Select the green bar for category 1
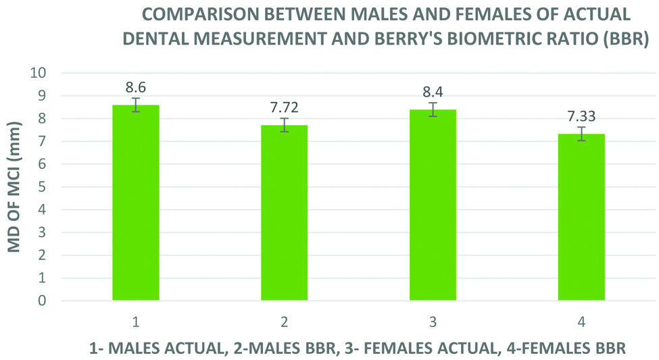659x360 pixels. coord(135,203)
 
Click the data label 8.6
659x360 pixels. coord(135,87)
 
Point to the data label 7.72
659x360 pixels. coord(284,107)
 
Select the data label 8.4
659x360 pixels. coord(433,92)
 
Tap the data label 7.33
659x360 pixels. coord(581,116)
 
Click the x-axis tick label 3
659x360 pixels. coord(433,322)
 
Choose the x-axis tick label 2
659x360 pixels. coord(284,322)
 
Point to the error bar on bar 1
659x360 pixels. coord(135,105)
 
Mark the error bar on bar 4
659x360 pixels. coord(581,134)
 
